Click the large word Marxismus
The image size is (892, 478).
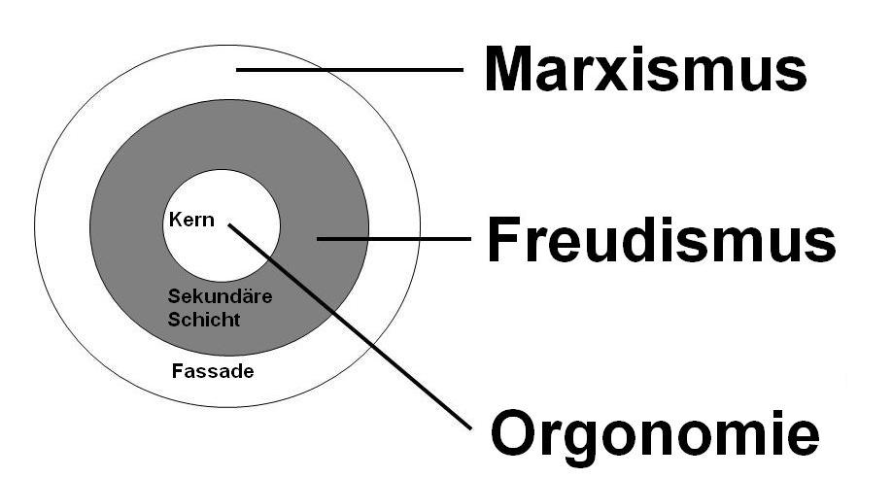click(x=645, y=70)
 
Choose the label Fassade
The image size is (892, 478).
click(x=212, y=370)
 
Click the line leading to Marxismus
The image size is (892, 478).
click(x=350, y=69)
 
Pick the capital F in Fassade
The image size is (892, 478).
click(x=177, y=370)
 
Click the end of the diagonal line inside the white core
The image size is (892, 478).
click(x=230, y=225)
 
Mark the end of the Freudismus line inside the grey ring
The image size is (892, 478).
click(x=319, y=238)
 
